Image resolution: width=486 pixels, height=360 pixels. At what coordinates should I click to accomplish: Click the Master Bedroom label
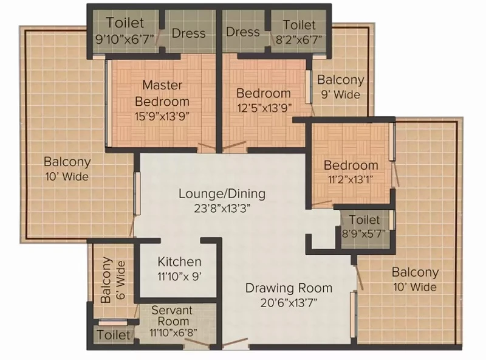click(x=162, y=93)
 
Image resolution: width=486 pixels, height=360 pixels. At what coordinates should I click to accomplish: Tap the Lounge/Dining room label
click(x=222, y=194)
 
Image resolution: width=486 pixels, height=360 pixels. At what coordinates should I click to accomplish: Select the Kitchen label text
click(x=179, y=261)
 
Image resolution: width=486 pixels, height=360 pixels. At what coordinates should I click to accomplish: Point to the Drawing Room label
click(x=289, y=288)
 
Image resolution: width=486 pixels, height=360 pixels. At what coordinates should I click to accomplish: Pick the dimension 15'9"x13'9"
click(x=162, y=116)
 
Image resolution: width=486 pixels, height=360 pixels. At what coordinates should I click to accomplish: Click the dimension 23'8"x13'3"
click(x=222, y=208)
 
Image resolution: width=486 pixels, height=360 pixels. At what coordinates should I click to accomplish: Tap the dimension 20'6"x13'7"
click(x=289, y=303)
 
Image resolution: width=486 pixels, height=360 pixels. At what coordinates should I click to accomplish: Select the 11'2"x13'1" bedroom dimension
click(x=351, y=179)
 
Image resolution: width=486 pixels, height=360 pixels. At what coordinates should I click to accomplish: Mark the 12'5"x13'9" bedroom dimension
click(x=264, y=108)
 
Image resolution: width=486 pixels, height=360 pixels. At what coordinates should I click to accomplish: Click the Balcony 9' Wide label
click(x=341, y=87)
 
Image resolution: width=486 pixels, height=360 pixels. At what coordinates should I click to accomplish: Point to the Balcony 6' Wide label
click(x=112, y=280)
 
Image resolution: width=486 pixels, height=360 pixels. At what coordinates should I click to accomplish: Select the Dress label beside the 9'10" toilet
click(x=188, y=33)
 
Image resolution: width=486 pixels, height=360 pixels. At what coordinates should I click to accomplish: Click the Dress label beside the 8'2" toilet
click(x=242, y=32)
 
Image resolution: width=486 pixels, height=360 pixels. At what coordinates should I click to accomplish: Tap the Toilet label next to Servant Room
click(x=114, y=335)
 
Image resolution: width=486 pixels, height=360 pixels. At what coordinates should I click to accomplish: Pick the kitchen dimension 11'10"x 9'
click(x=180, y=276)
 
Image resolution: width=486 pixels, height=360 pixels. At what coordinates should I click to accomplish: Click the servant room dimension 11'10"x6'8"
click(x=173, y=333)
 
